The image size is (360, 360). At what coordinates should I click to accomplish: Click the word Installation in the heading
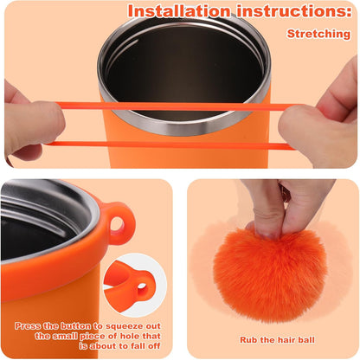point(179,11)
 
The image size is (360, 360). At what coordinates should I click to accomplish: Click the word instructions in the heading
point(294,11)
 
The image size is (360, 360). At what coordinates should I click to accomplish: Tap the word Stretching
point(318,34)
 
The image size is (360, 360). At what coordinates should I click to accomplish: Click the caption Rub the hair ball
point(277,340)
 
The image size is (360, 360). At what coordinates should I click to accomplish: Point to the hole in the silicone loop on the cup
point(117,224)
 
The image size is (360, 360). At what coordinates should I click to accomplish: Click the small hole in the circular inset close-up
point(142,287)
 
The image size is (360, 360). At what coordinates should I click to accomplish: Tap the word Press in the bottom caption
point(28,326)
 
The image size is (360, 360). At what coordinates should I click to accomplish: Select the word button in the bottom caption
point(75,326)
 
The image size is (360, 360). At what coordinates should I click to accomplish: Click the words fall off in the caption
point(145,346)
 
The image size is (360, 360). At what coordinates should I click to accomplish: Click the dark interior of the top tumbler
point(184,67)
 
